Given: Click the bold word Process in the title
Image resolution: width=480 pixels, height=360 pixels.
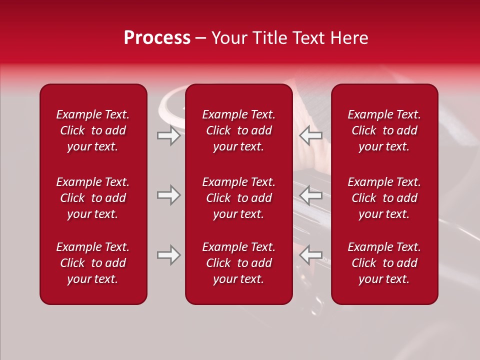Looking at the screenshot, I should [157, 38].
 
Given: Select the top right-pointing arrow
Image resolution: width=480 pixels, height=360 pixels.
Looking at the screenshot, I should [168, 135].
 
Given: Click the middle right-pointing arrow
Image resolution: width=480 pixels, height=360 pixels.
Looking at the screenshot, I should [168, 195].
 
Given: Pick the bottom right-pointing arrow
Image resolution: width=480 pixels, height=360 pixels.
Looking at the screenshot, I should [168, 255].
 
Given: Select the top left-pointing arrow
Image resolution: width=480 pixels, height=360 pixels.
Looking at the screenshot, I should [311, 135].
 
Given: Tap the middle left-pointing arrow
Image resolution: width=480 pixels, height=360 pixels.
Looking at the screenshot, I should [311, 195].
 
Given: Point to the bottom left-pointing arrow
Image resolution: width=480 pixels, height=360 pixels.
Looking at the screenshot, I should [311, 255].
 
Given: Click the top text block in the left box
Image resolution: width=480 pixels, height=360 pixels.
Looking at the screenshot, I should [93, 130].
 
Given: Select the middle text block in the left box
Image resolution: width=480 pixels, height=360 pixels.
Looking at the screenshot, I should [93, 198].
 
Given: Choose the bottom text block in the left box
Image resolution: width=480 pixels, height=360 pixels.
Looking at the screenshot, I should [93, 263].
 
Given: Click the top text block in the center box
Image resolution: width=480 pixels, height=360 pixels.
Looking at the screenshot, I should [239, 130].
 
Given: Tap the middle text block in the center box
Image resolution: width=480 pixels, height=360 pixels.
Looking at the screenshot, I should [239, 198].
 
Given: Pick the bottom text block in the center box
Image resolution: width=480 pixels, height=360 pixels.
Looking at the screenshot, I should [239, 263].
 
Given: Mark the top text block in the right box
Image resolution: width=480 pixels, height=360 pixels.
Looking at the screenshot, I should [384, 130].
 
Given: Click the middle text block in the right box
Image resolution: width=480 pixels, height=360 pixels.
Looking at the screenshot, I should [384, 198].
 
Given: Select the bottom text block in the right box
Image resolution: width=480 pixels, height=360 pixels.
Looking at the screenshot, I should [384, 263].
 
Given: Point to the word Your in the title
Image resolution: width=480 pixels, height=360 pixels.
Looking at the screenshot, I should [228, 38].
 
